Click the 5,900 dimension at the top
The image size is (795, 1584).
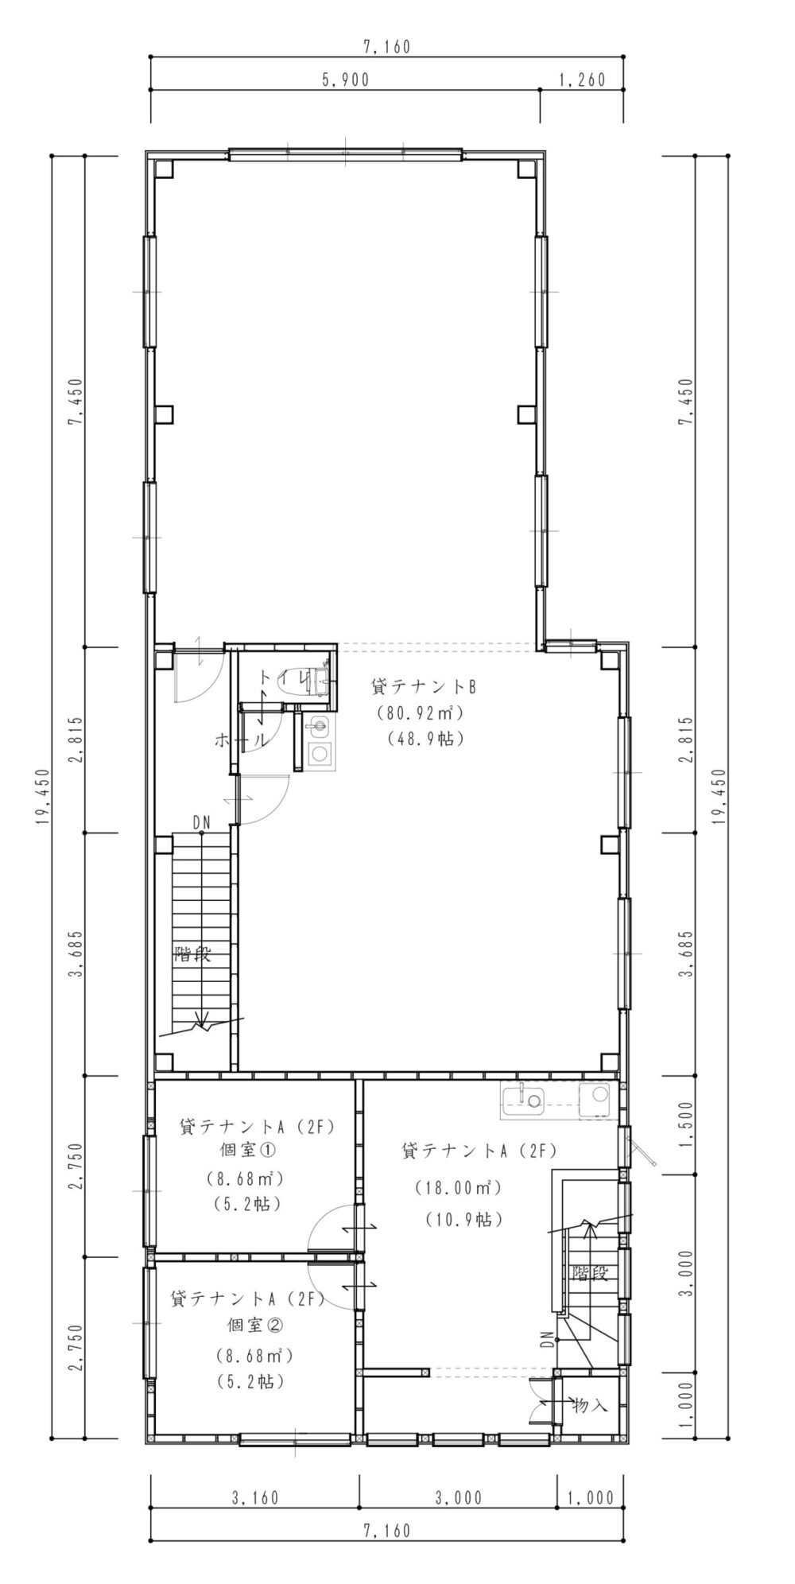[x=346, y=80]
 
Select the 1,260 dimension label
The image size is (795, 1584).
[x=583, y=80]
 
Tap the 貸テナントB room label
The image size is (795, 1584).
[x=423, y=686]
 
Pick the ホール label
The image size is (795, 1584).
[x=242, y=740]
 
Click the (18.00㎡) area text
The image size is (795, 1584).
[x=456, y=1188]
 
